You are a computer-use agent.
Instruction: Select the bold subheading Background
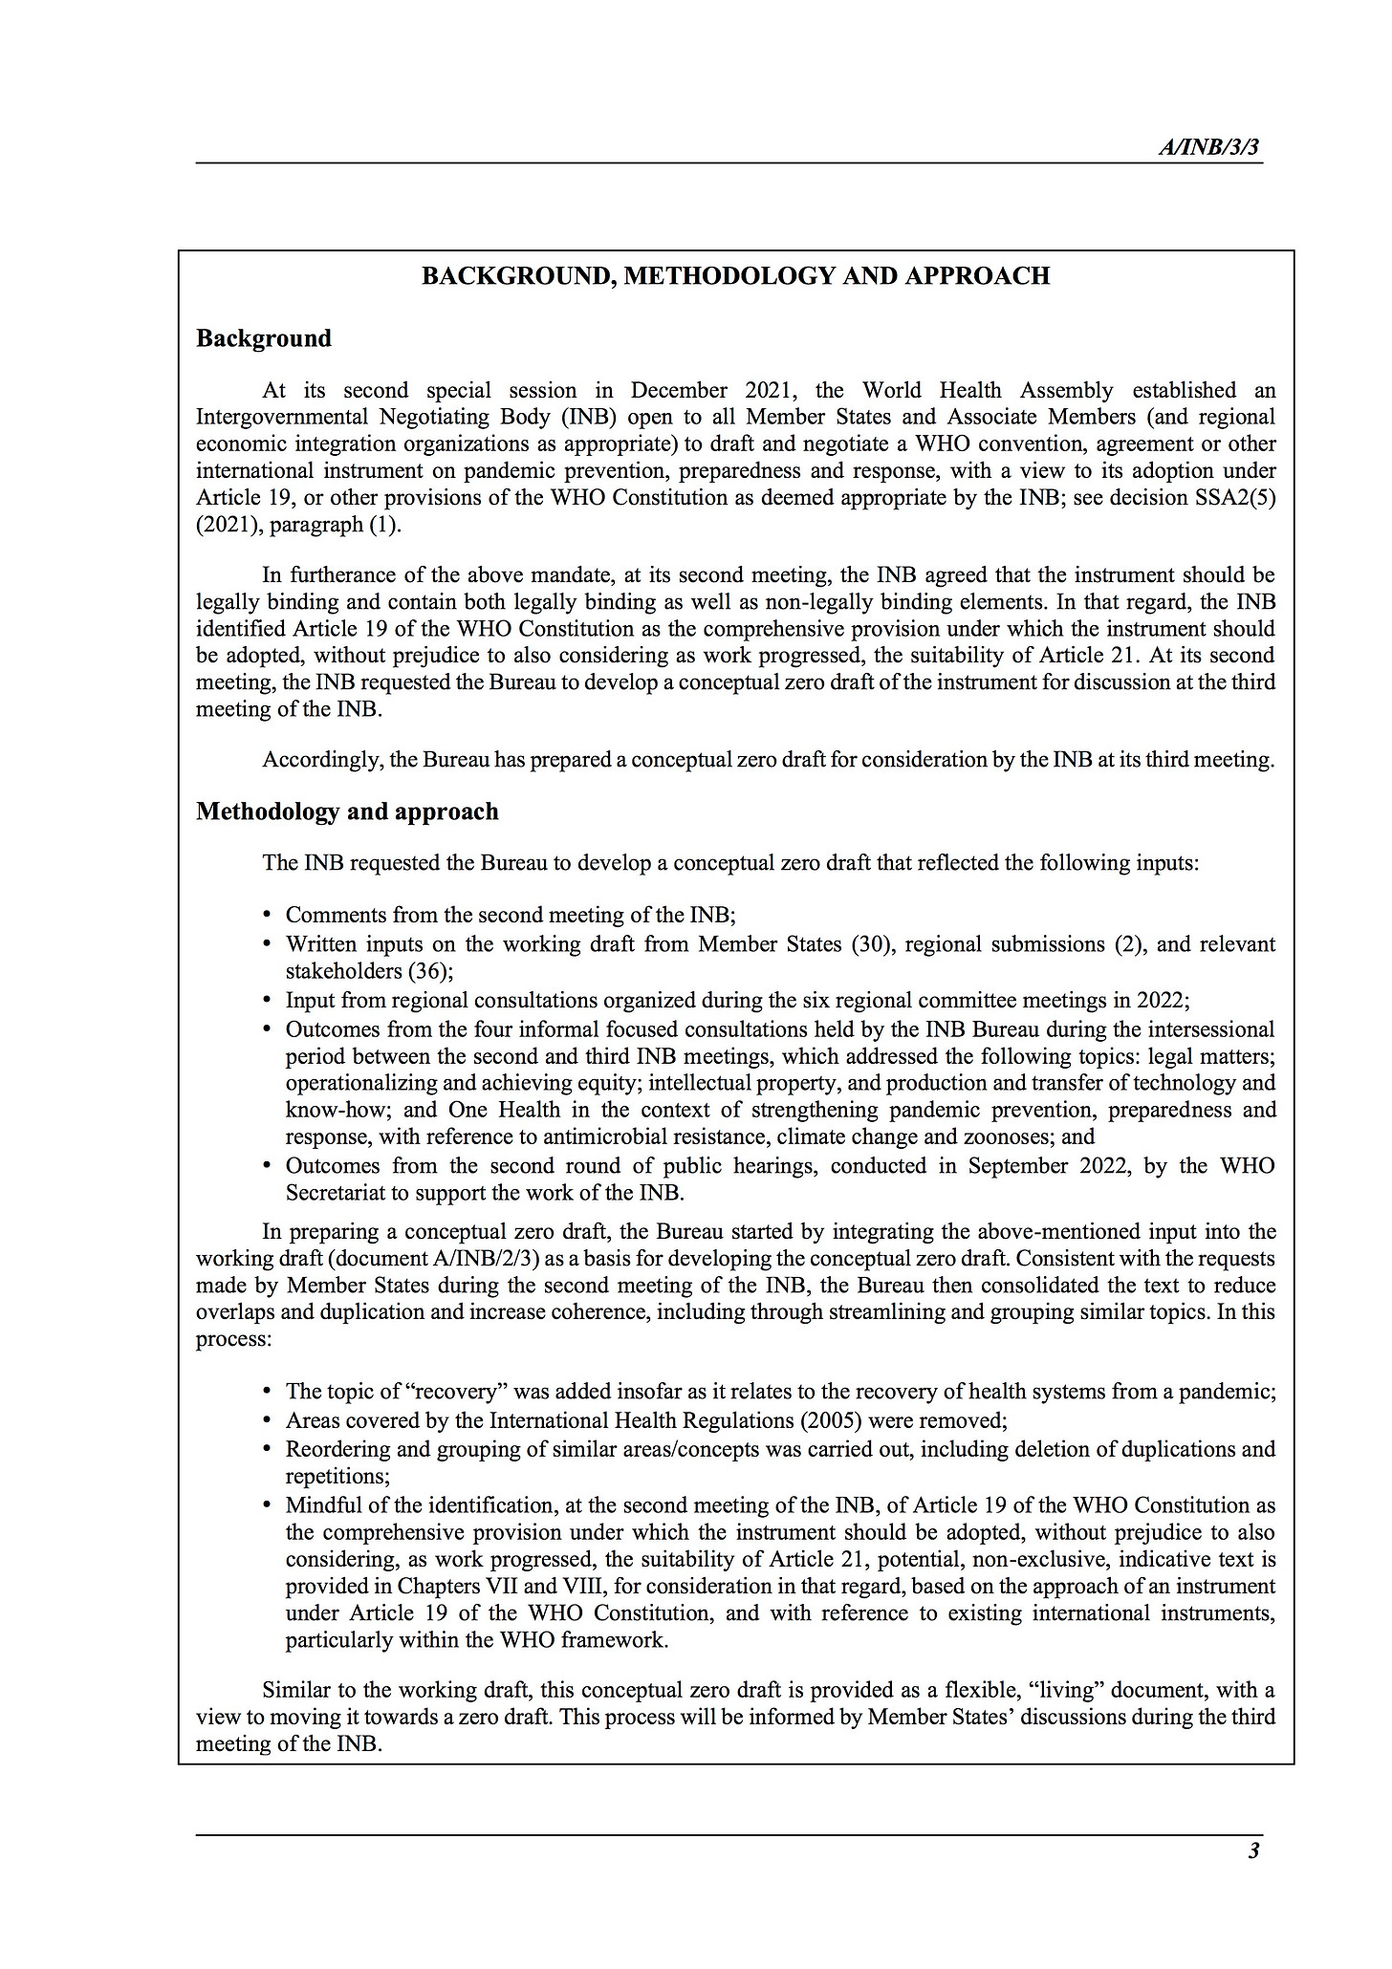click(264, 338)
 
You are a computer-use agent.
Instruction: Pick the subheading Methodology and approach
click(347, 811)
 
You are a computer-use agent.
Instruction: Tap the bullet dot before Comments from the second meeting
click(268, 916)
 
